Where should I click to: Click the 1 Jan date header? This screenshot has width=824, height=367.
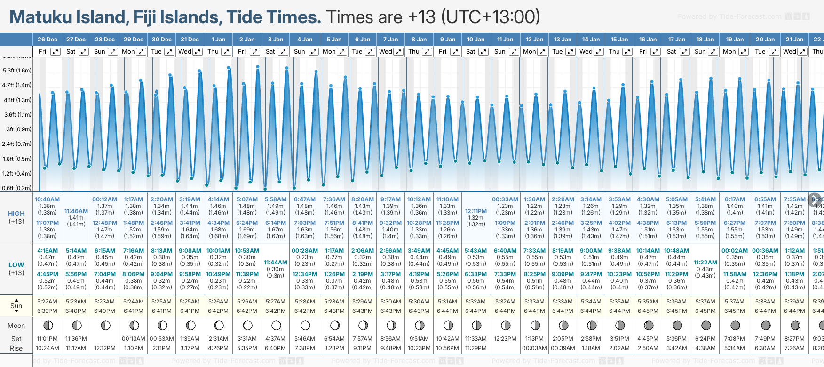click(218, 40)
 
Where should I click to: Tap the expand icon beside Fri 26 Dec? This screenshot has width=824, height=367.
click(55, 52)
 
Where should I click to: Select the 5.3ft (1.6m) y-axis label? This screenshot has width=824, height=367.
click(17, 71)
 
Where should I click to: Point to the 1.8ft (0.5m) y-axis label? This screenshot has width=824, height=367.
click(17, 159)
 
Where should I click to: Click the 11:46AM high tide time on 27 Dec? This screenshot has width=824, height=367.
click(76, 211)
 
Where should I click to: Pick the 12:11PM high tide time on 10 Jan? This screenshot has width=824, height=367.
click(475, 211)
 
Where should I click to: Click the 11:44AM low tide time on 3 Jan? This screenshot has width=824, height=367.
click(275, 263)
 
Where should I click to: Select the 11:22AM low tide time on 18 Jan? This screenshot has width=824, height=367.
click(705, 263)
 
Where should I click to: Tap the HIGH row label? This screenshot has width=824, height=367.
click(16, 214)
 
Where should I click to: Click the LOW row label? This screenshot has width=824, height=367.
click(16, 265)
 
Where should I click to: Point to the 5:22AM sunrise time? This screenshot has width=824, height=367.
click(47, 302)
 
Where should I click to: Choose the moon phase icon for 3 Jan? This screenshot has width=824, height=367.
click(276, 325)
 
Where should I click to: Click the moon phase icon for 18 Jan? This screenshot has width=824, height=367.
click(706, 325)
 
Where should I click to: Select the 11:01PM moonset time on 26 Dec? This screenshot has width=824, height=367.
click(47, 339)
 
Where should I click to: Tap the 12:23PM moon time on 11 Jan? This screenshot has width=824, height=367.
click(505, 339)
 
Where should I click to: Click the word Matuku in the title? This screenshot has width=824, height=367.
click(46, 17)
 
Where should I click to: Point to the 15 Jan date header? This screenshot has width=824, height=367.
click(619, 40)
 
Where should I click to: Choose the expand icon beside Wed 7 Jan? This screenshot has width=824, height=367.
click(398, 52)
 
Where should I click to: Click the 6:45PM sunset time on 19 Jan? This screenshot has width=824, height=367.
click(735, 311)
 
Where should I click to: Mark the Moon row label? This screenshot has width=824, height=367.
click(16, 326)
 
